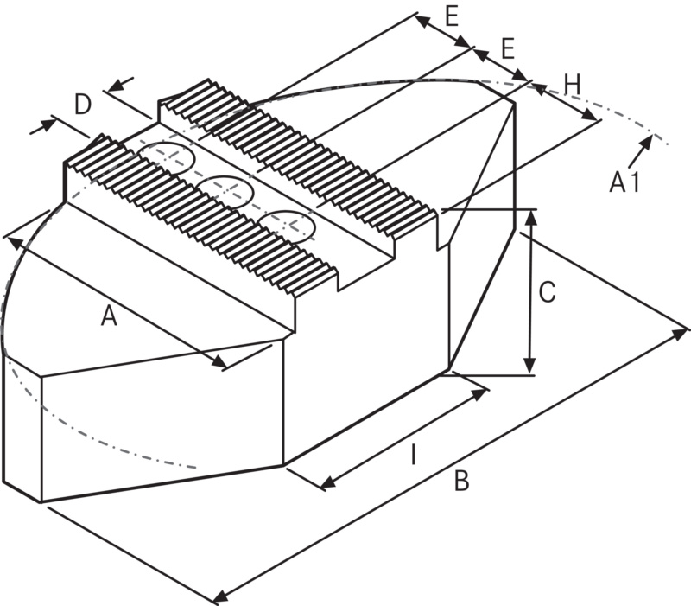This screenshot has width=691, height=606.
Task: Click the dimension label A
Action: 108,316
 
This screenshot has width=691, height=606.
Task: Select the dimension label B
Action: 461,481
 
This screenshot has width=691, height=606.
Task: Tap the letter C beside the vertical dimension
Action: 547,293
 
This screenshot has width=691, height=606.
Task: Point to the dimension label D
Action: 82,105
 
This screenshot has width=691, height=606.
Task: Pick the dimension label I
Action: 413,453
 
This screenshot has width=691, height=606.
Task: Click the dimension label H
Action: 572,84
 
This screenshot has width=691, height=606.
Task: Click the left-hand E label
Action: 450,15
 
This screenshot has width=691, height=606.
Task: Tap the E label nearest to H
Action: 508,48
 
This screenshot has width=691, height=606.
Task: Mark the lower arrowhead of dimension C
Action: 531,367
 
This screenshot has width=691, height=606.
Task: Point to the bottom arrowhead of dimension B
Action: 219,596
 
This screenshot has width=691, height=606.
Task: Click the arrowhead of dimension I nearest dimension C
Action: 480,394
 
